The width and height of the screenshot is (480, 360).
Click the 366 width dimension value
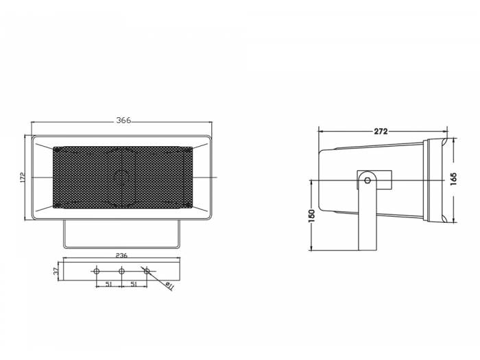pyautogui.click(x=123, y=121)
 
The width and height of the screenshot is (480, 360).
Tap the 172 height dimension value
pyautogui.click(x=23, y=178)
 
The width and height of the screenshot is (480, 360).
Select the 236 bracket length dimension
pyautogui.click(x=121, y=255)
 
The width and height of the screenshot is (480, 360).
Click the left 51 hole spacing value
pyautogui.click(x=108, y=283)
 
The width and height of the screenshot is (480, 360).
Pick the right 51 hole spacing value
pyautogui.click(x=134, y=283)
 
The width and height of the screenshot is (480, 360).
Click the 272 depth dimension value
pyautogui.click(x=381, y=130)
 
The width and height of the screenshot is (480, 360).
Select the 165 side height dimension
pyautogui.click(x=453, y=178)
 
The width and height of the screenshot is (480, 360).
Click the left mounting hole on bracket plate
pyautogui.click(x=96, y=272)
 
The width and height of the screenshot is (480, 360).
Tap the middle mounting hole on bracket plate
pyautogui.click(x=121, y=272)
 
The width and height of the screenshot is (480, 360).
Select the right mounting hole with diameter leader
pyautogui.click(x=146, y=272)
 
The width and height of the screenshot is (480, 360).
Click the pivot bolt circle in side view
pyautogui.click(x=368, y=181)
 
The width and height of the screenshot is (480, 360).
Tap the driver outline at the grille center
pyautogui.click(x=122, y=178)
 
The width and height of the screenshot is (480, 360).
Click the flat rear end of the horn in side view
pyautogui.click(x=320, y=181)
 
